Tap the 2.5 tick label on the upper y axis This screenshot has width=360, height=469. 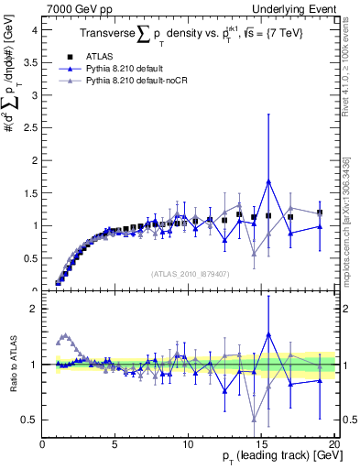pos(31,127)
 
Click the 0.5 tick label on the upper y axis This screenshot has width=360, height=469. pos(31,258)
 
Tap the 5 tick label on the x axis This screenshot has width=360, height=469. pos(115,445)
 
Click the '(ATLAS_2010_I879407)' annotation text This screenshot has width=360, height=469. pos(190,273)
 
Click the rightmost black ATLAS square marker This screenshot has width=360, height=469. pos(320,213)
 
